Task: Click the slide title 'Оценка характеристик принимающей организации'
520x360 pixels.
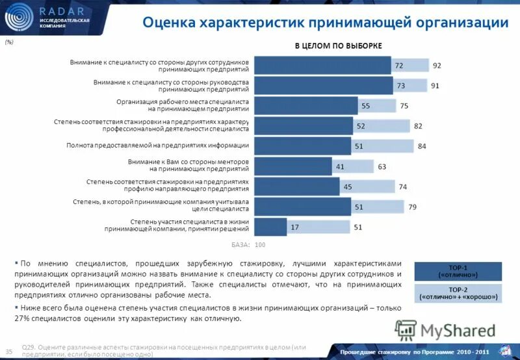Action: pos(325,23)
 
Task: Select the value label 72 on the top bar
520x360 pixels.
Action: pos(399,66)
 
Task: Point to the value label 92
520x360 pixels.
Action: pos(437,66)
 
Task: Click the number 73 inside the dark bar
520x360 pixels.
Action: pos(401,86)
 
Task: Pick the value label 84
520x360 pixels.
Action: pos(421,146)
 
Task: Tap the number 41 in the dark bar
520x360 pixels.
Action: pos(339,167)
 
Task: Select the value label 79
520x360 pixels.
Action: pos(411,207)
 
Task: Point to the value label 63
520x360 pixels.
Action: pos(382,167)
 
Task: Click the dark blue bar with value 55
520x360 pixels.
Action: pos(305,105)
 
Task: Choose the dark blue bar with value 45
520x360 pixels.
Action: pos(296,186)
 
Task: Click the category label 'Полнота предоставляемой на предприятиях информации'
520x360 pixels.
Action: pos(158,146)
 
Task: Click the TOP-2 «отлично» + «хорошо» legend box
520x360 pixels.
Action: pos(458,294)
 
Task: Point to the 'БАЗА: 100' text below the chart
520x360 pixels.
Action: pos(249,245)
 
